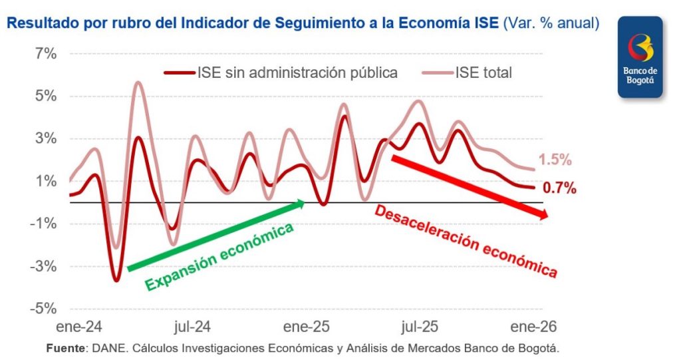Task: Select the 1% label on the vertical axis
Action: click(45, 182)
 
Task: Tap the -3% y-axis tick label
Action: click(42, 267)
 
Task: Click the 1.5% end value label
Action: click(555, 160)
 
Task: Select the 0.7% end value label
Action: click(559, 188)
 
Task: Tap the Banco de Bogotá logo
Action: click(640, 59)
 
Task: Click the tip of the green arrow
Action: click(304, 202)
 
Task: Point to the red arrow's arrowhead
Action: click(546, 215)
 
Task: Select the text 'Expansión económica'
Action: click(219, 257)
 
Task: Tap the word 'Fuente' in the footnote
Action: click(66, 349)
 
